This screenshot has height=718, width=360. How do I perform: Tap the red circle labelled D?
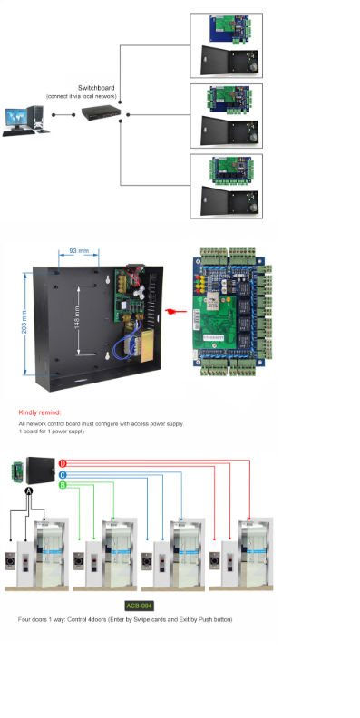[63, 463]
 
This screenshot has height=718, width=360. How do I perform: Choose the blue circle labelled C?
[63, 474]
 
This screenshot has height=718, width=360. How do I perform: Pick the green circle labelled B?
[63, 485]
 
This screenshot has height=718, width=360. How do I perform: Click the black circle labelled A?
[28, 490]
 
